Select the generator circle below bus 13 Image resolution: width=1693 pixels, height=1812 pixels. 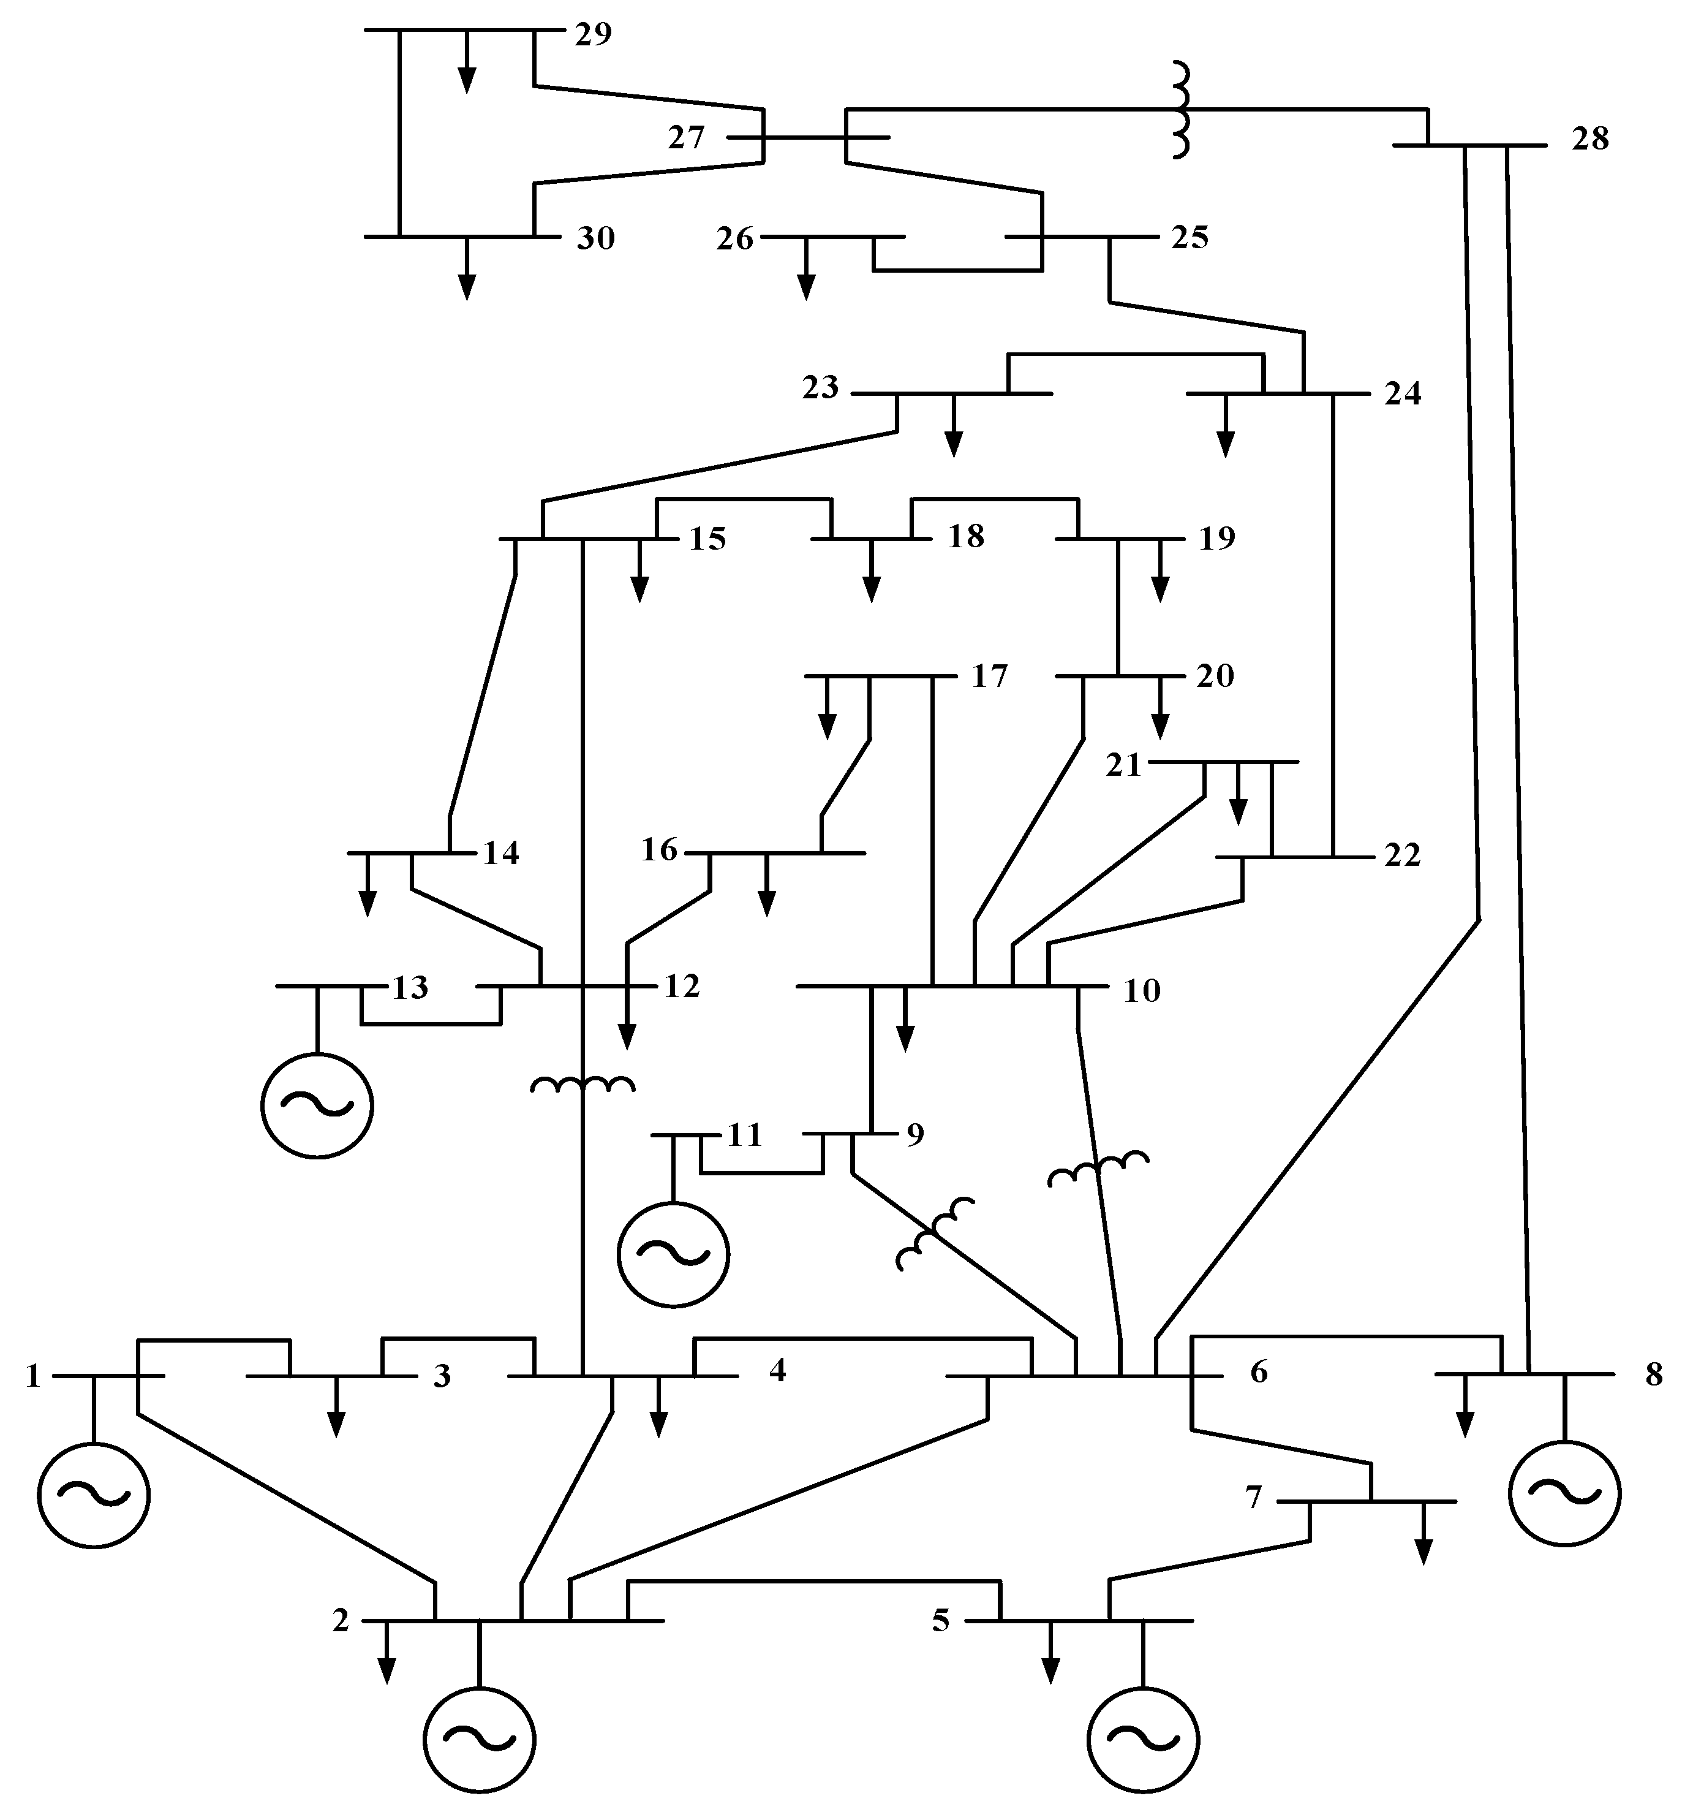[317, 1105]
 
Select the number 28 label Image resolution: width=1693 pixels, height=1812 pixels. [1590, 138]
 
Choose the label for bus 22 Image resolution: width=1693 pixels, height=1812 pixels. [1402, 855]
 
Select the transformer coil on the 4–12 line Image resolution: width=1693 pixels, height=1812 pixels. [583, 1085]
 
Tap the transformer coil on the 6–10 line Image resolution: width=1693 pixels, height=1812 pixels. [1098, 1169]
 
